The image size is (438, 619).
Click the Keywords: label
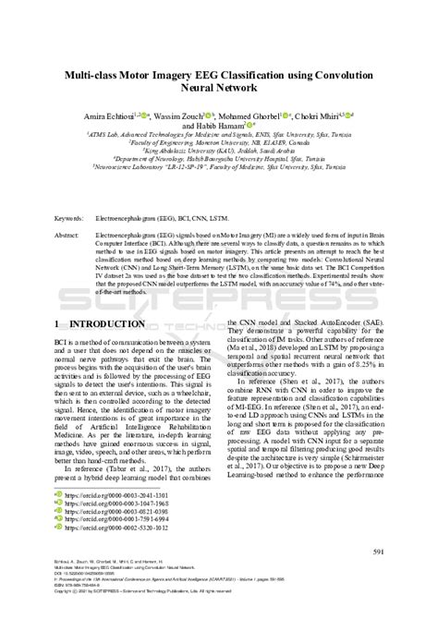pyautogui.click(x=72, y=219)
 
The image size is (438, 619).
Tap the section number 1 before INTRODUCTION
pyautogui.click(x=57, y=323)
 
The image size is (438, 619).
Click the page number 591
pyautogui.click(x=377, y=552)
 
